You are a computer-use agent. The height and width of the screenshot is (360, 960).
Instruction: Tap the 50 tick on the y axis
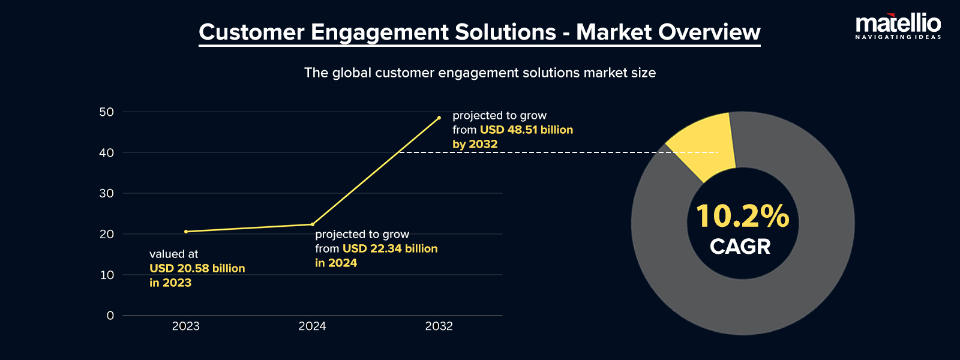point(107,112)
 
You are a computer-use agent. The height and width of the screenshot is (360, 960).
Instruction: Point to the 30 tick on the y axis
point(107,193)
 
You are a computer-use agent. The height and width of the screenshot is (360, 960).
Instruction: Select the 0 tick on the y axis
point(110,316)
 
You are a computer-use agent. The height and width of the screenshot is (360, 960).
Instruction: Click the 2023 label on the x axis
point(185,326)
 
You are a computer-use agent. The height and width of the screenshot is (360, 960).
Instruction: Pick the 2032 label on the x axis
point(439,326)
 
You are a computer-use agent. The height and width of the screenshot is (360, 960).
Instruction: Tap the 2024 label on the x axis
point(312,326)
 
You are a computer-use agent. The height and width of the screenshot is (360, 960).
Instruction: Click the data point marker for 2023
point(186,232)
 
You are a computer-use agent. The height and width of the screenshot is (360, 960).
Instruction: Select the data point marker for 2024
point(313,224)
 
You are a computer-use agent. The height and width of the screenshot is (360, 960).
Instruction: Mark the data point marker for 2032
point(439,118)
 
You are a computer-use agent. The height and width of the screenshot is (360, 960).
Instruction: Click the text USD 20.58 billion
point(197,268)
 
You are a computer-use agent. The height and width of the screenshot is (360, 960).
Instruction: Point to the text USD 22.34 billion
point(390,248)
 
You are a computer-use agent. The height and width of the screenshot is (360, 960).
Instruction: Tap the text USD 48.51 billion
point(526,130)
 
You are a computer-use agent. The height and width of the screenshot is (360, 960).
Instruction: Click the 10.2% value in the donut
point(742,216)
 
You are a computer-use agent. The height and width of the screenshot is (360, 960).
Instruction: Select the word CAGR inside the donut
point(740,247)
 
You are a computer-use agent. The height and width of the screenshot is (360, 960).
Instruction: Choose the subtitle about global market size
point(479,73)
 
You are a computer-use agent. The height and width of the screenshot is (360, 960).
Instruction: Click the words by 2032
point(475,144)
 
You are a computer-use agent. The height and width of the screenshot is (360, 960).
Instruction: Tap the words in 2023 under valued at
point(170,283)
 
